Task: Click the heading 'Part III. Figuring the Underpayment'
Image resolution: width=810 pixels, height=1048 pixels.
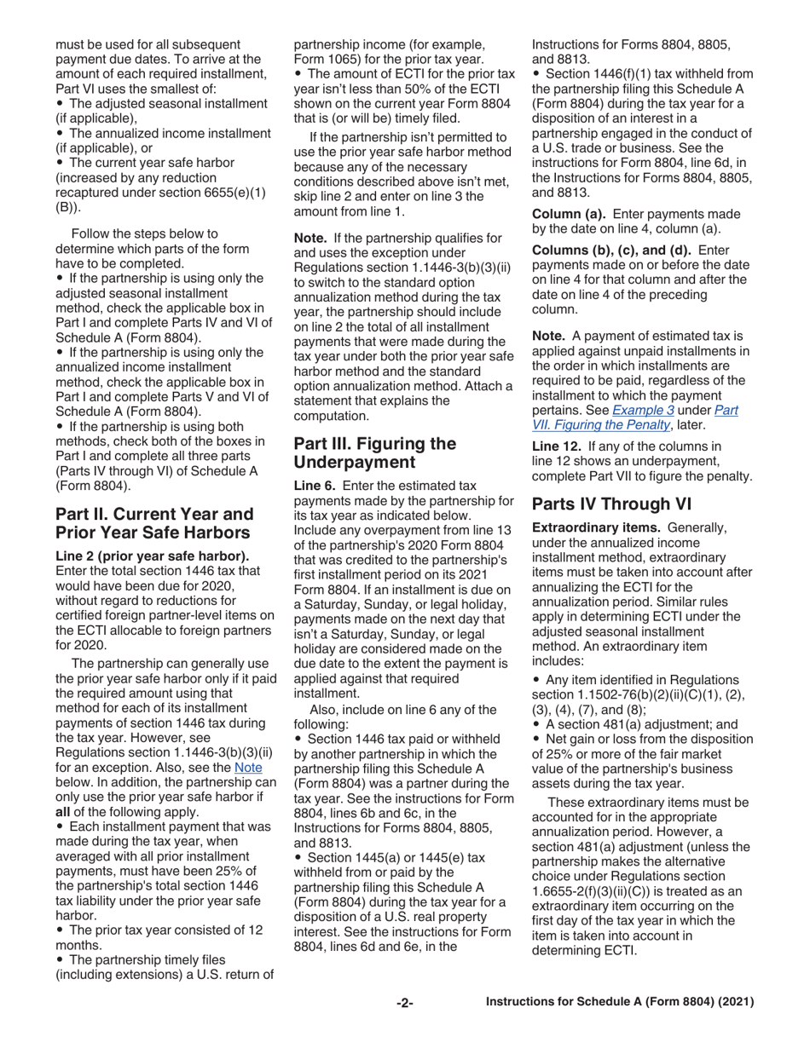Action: click(375, 452)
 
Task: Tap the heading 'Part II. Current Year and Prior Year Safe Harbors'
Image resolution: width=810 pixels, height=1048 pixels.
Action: click(153, 524)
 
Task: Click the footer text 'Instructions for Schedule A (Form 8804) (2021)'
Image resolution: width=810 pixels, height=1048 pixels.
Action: click(620, 1003)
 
